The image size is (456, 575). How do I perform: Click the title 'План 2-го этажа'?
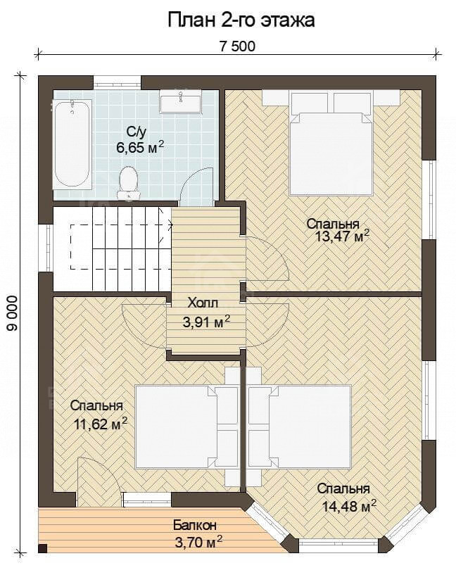241,20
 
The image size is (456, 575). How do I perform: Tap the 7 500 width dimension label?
237,46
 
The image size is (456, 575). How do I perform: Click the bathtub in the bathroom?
72,144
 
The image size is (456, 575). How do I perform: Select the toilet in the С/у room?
128,182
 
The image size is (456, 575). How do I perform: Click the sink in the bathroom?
180,102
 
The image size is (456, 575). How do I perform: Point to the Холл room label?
203,303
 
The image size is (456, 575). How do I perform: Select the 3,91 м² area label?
206,322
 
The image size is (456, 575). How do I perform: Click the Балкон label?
195,525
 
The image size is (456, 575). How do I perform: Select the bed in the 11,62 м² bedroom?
182,426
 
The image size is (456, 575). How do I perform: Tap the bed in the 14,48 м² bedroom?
300,426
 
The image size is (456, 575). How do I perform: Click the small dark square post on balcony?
43,548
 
